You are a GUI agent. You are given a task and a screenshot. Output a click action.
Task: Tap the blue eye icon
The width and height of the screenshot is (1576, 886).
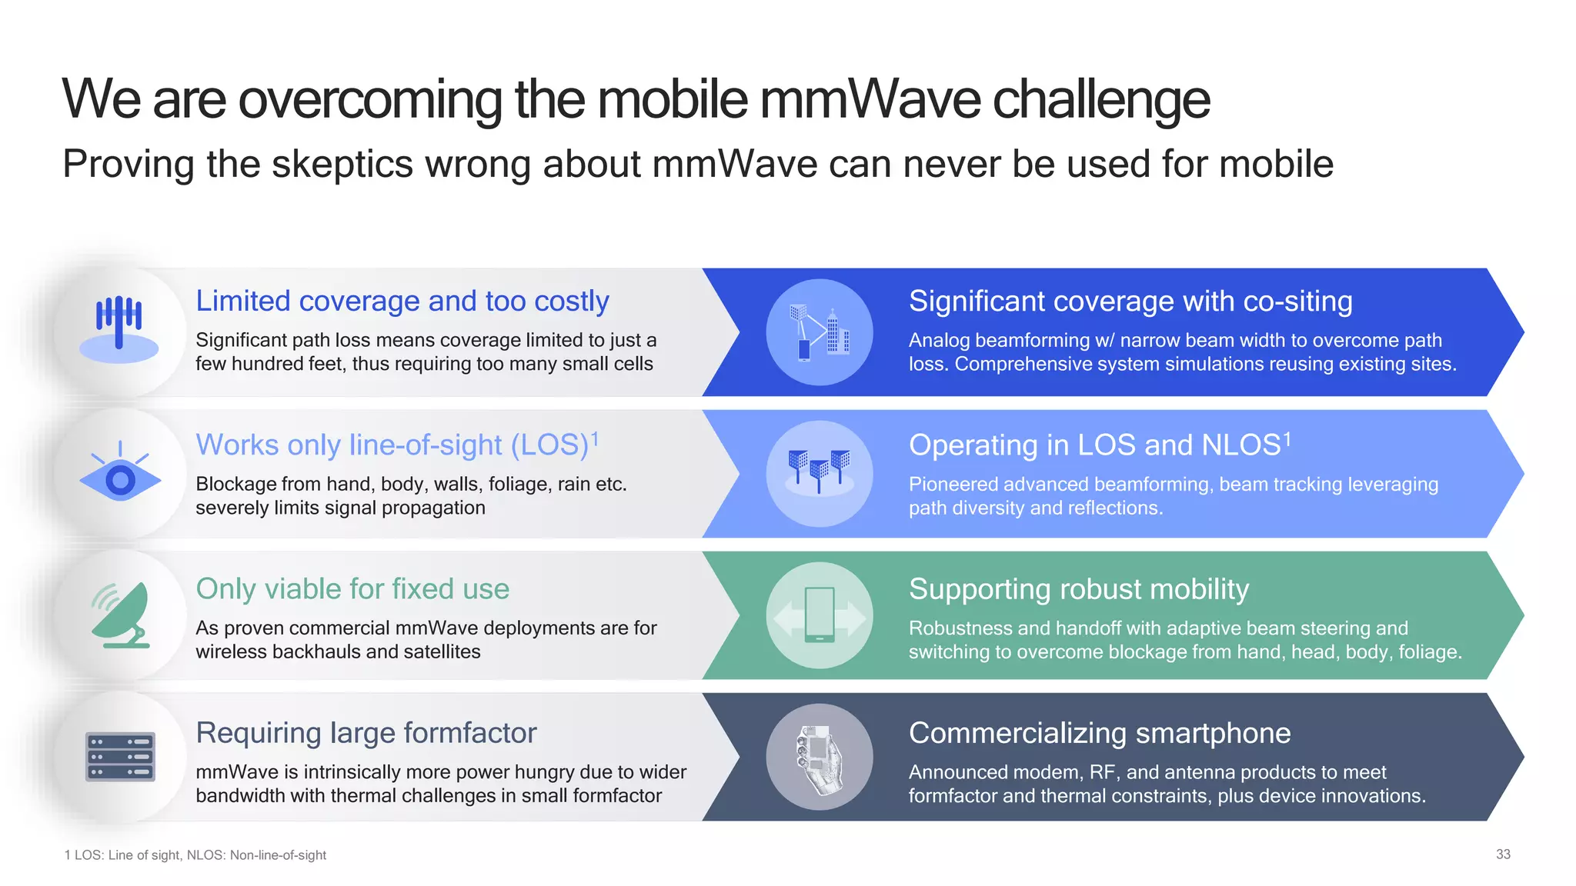pyautogui.click(x=120, y=478)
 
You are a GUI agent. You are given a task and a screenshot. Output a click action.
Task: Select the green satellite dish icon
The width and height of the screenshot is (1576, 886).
pyautogui.click(x=121, y=615)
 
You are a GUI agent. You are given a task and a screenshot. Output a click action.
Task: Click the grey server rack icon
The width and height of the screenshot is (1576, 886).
pyautogui.click(x=120, y=757)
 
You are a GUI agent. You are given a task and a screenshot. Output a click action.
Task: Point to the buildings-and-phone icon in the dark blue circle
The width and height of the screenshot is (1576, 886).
pyautogui.click(x=819, y=332)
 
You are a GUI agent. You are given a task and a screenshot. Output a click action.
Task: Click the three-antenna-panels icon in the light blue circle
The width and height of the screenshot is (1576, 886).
pyautogui.click(x=819, y=470)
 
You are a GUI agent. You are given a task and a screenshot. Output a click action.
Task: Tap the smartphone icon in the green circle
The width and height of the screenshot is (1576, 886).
pyautogui.click(x=819, y=615)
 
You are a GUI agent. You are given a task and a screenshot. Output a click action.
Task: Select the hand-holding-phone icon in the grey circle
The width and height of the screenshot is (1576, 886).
pyautogui.click(x=819, y=758)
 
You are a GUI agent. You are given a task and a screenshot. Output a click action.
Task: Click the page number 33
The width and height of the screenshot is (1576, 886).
pyautogui.click(x=1502, y=854)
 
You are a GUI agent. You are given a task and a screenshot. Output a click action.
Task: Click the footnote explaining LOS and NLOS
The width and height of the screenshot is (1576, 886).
pyautogui.click(x=195, y=855)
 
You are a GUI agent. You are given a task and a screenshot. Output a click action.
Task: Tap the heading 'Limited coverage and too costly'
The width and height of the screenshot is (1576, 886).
pyautogui.click(x=402, y=301)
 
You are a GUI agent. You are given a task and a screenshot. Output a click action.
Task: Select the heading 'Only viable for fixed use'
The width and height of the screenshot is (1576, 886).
pyautogui.click(x=352, y=589)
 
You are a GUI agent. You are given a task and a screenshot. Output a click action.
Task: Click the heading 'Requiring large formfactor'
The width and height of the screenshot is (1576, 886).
pyautogui.click(x=366, y=733)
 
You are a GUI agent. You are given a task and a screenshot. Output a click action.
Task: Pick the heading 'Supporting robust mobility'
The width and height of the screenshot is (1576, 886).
pyautogui.click(x=1078, y=589)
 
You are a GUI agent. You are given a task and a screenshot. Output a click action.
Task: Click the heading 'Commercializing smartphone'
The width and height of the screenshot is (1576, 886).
pyautogui.click(x=1099, y=733)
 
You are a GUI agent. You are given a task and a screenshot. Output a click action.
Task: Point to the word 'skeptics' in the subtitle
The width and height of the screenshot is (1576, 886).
pyautogui.click(x=342, y=165)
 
